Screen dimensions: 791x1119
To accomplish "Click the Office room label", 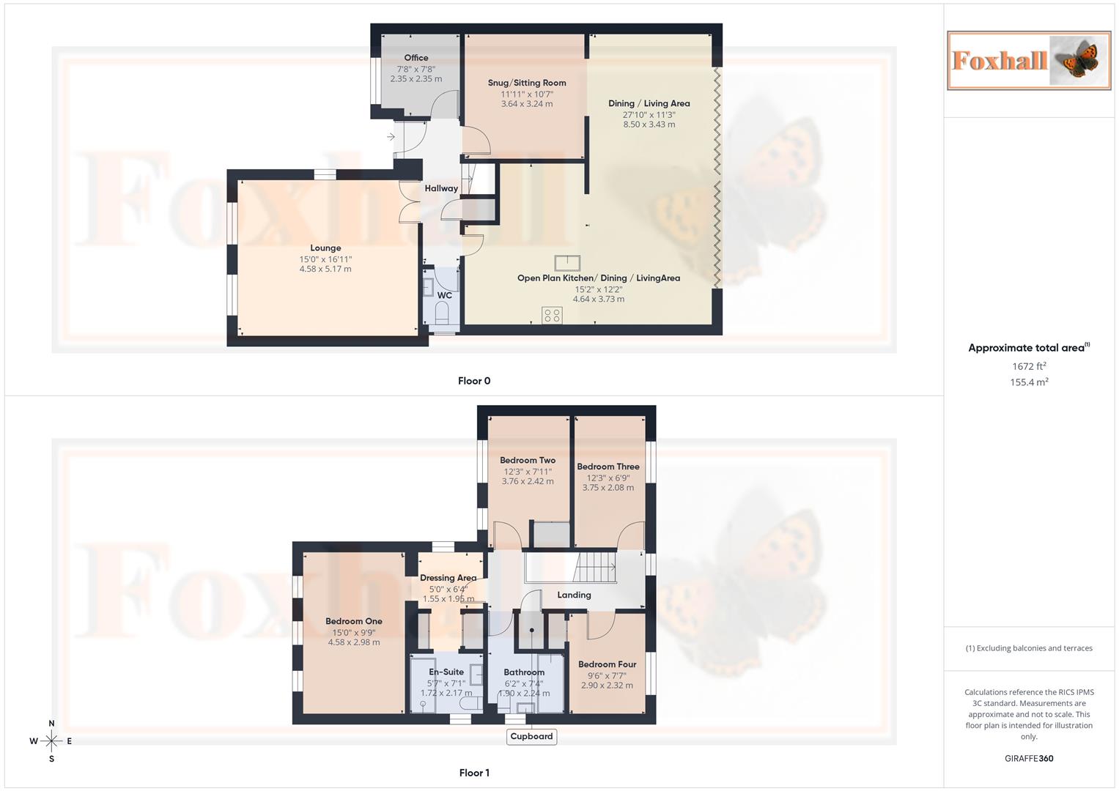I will [416, 58].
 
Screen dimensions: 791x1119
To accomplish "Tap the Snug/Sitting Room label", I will [527, 83].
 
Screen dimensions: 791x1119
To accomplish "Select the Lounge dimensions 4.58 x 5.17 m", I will [325, 269].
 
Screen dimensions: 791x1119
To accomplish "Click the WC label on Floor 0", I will [444, 296].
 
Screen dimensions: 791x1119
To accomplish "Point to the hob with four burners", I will [552, 316].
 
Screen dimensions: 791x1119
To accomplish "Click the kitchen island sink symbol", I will [566, 263].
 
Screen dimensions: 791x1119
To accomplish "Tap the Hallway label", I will [441, 188].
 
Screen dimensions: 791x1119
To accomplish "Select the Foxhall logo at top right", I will [1028, 60].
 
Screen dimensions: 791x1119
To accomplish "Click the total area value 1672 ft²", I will [1029, 366].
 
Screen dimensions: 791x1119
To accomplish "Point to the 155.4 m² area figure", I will [1029, 382].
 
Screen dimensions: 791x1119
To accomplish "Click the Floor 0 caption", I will [474, 381].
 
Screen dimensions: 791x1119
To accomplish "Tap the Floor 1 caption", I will [474, 773].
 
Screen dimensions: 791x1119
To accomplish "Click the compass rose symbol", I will [51, 741].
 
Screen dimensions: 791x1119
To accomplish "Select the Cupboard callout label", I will [531, 737].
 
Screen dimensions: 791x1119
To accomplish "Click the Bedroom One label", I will [354, 621].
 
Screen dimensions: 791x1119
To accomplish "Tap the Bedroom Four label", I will [607, 664].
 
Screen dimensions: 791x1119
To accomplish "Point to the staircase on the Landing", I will [595, 567].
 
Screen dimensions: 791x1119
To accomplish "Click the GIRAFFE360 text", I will [1028, 759].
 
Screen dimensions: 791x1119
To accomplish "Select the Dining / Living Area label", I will [649, 103].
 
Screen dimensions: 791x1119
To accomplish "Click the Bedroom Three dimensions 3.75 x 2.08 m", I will [608, 488].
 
